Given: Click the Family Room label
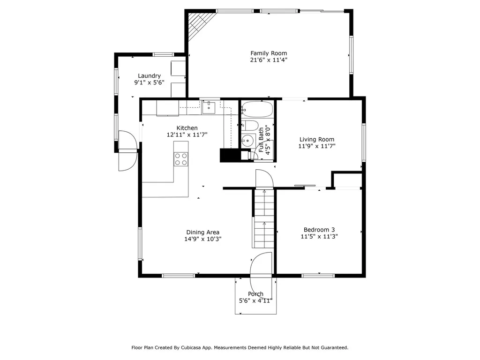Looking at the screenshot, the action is [269, 53].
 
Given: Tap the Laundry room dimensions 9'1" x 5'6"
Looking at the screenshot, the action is [149, 82].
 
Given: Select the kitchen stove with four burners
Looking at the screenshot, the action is [181, 159].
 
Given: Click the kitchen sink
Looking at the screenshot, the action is [209, 108].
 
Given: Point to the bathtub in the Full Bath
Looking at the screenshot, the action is [257, 109].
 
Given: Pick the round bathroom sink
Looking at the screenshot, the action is [248, 141].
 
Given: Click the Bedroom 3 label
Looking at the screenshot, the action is [319, 230].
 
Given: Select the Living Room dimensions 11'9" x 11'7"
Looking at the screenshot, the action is [317, 146].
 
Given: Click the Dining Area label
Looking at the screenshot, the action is [202, 232].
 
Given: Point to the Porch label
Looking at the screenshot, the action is [255, 294].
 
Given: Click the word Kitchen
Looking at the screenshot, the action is [187, 128].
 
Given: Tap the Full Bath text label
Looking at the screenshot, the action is [261, 140].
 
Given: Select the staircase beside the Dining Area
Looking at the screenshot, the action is [263, 218].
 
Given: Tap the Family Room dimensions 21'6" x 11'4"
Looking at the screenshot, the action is [269, 60].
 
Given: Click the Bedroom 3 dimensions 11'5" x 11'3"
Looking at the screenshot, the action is [319, 236].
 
